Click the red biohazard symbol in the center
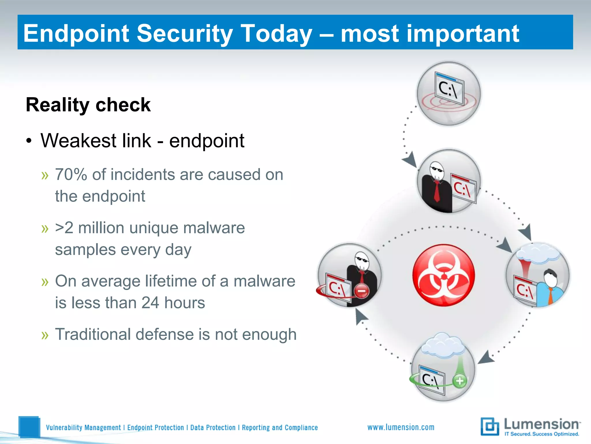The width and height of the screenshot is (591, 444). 444,275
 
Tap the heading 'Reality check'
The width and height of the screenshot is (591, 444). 88,105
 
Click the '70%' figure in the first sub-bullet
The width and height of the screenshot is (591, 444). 71,175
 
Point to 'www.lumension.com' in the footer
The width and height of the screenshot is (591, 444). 401,427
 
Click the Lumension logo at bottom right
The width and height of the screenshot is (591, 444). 530,427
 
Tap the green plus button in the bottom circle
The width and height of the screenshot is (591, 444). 460,381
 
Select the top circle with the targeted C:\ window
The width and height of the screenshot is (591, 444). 449,94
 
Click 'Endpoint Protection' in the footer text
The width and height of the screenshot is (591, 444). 155,428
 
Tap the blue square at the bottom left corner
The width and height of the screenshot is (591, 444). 29,427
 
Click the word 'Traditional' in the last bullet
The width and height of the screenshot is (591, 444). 93,334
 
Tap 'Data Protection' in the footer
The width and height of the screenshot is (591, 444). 213,428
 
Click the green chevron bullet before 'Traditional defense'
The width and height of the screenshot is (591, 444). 45,335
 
